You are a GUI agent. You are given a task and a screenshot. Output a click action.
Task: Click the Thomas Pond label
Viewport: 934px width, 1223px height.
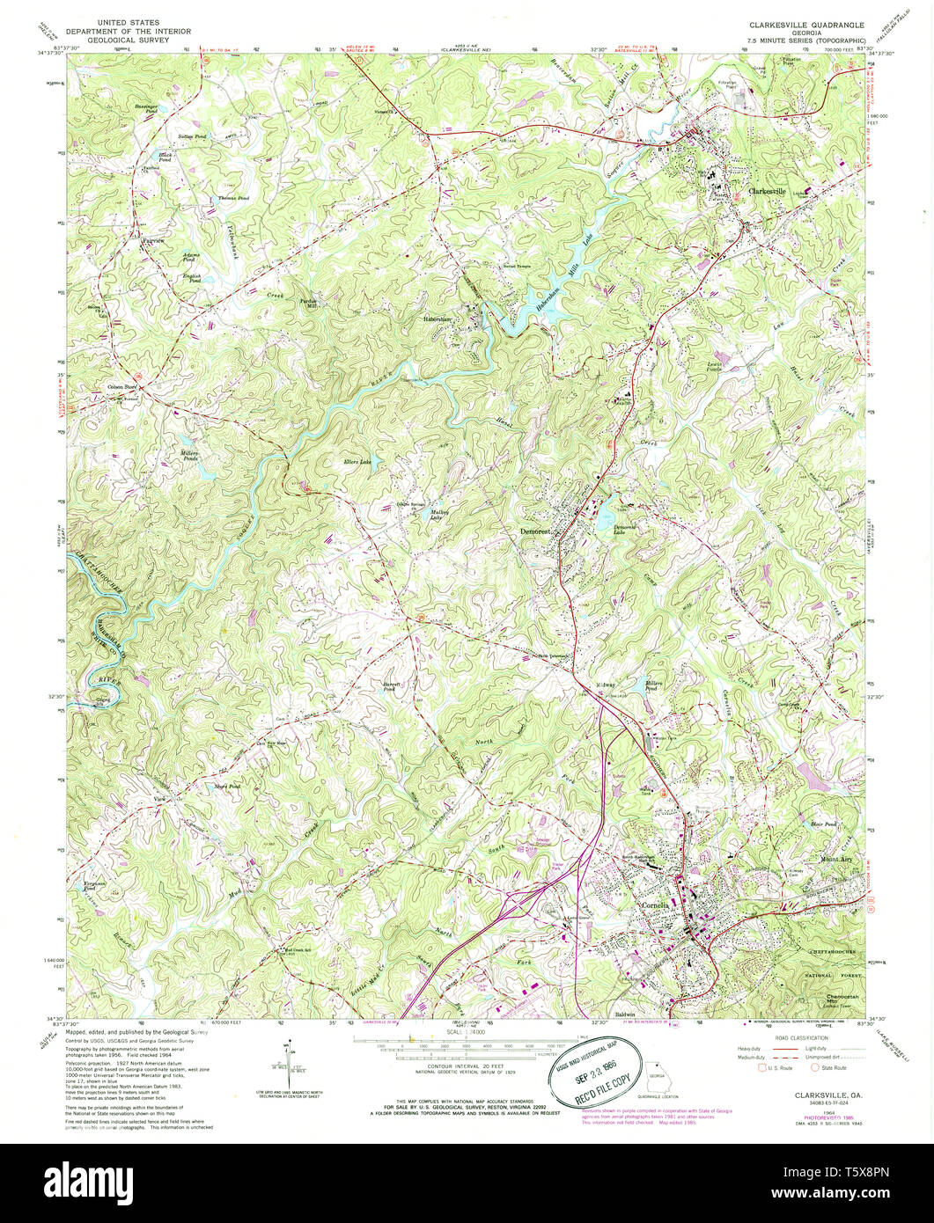(x=233, y=199)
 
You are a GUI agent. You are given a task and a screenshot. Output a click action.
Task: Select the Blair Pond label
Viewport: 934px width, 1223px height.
(x=821, y=824)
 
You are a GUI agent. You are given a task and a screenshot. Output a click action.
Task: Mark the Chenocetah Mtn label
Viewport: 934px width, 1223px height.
(x=841, y=1000)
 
